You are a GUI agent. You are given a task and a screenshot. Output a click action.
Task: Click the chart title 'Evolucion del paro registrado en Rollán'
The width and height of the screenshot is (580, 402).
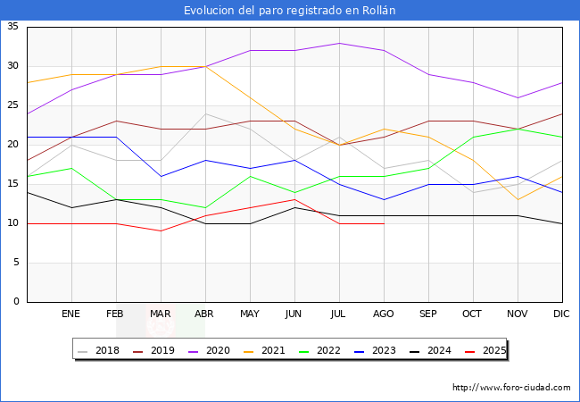pyautogui.click(x=290, y=11)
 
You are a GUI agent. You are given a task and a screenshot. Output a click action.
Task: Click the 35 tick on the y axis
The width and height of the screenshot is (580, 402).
pyautogui.click(x=13, y=27)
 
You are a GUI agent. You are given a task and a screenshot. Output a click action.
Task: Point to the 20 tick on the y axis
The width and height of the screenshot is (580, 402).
pyautogui.click(x=13, y=145)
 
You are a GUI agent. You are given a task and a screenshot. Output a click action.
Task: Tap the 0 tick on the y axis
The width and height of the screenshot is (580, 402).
pyautogui.click(x=16, y=302)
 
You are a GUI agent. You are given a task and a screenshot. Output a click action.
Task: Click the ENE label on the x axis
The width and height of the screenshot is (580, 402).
pyautogui.click(x=71, y=314)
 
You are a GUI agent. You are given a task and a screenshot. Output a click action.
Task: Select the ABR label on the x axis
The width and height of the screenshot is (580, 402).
pyautogui.click(x=205, y=314)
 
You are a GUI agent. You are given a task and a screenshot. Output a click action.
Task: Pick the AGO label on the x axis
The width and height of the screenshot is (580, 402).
pyautogui.click(x=384, y=314)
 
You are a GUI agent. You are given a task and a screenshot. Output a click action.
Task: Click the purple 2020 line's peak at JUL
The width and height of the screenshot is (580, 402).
pyautogui.click(x=339, y=43)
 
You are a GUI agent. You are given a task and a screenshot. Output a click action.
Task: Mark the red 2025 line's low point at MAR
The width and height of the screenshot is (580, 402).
pyautogui.click(x=161, y=231)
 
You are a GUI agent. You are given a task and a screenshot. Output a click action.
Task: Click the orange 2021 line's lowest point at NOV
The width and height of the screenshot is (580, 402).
pyautogui.click(x=518, y=200)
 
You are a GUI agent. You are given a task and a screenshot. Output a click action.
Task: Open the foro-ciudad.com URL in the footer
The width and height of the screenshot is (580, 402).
pyautogui.click(x=511, y=388)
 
